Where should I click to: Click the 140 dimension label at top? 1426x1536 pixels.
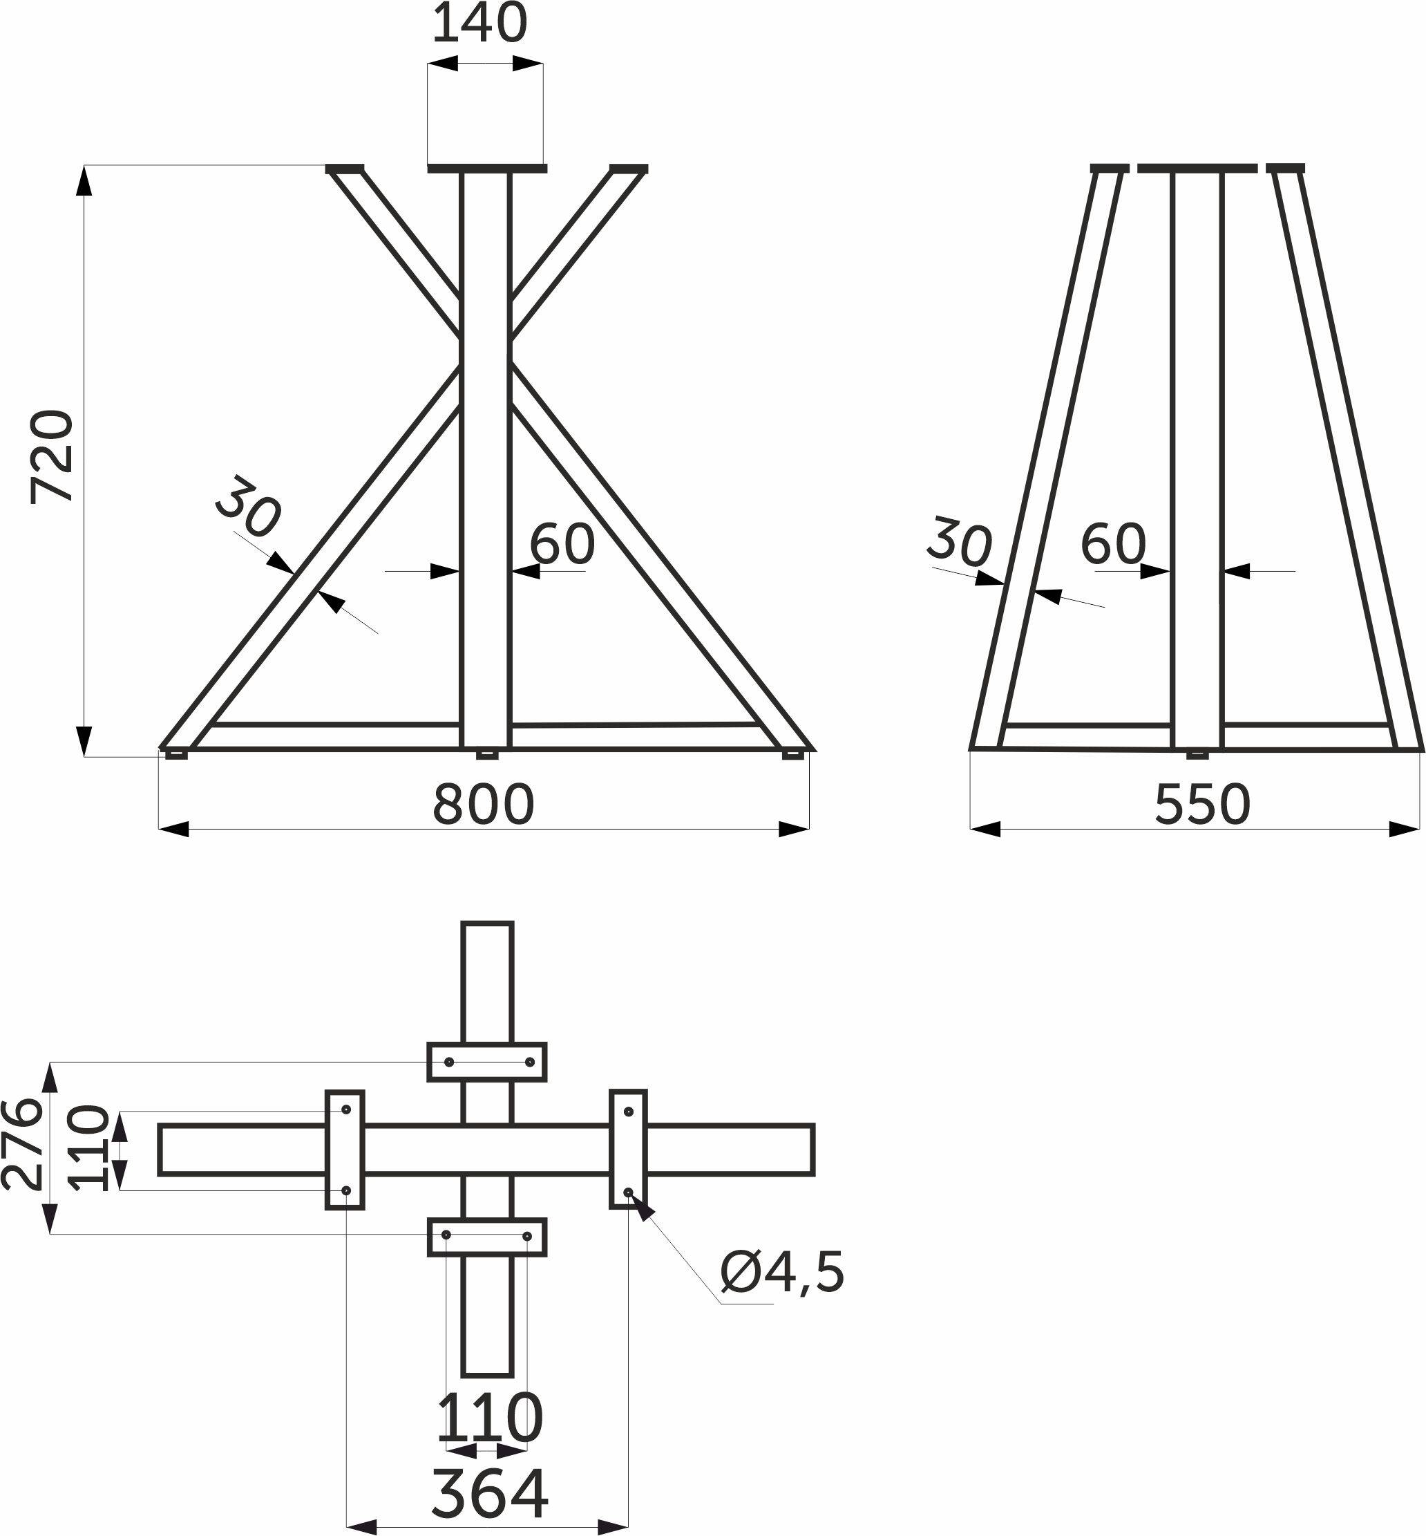click(479, 25)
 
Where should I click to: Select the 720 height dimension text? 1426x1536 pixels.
click(53, 457)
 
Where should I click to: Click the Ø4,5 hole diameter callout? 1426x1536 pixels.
click(781, 1273)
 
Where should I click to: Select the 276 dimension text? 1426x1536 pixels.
click(21, 1145)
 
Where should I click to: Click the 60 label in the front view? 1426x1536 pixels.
click(562, 543)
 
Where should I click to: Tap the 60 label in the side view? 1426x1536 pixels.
click(1113, 543)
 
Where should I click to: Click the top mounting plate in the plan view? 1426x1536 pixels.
click(487, 1062)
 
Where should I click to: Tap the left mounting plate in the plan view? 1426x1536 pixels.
click(345, 1150)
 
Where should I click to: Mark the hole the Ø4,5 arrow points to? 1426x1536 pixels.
click(629, 1192)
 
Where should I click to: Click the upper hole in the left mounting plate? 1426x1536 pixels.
click(346, 1109)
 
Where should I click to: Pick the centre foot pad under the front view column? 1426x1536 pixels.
click(486, 753)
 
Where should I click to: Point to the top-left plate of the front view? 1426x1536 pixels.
click(344, 168)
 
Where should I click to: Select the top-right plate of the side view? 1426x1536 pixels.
click(1286, 167)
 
